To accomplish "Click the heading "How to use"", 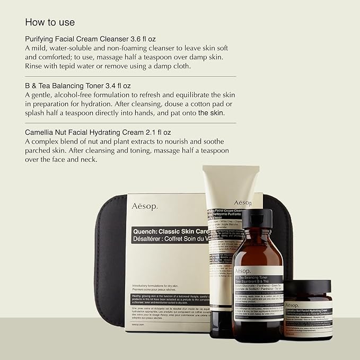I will click(50, 22).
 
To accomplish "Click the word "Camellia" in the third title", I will click(41, 131).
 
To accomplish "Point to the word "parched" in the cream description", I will click(41, 150).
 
